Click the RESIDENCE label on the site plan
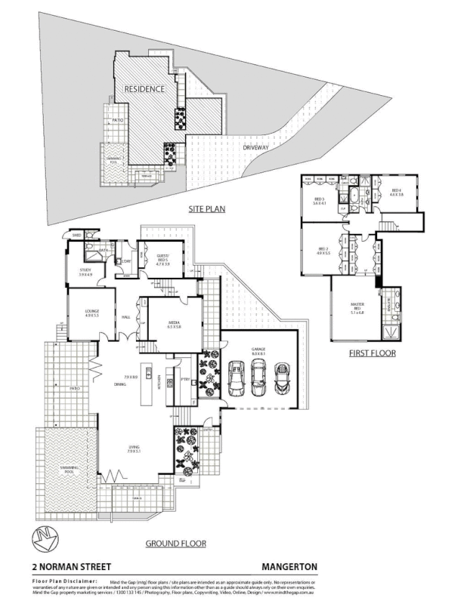pos(144,89)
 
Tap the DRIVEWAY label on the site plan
pos(255,147)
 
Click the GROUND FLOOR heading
pos(175,543)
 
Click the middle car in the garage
pos(259,375)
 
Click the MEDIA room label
pos(173,324)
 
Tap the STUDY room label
pos(85,273)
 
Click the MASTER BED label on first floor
pos(357,307)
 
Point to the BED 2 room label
pos(323,250)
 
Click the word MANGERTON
pos(289,566)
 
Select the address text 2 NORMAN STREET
pos(72,566)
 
